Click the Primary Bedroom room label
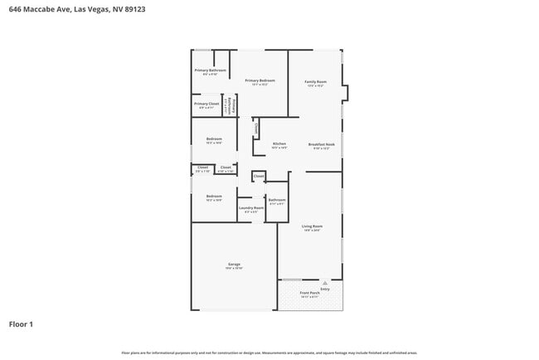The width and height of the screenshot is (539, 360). coord(260,80)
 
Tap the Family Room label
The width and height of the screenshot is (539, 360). coord(315,81)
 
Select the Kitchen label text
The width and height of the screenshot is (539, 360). coord(279,144)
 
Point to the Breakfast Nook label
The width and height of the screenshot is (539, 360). coord(321,144)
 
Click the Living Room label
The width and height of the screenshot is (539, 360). coord(312,226)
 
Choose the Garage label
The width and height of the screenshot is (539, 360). coord(234,264)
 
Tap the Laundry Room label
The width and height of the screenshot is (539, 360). coord(251,207)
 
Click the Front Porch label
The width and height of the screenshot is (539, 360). coord(309,293)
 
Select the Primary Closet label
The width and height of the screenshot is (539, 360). coord(206,104)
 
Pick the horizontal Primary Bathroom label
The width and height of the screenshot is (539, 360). coord(210,71)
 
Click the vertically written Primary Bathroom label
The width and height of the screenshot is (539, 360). coord(235,105)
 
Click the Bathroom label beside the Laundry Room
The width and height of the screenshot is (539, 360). coord(277,199)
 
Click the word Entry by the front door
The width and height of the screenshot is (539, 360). coord(325,289)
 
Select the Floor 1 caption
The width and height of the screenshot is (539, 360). coord(22,324)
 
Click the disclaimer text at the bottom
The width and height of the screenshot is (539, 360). coord(269,353)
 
